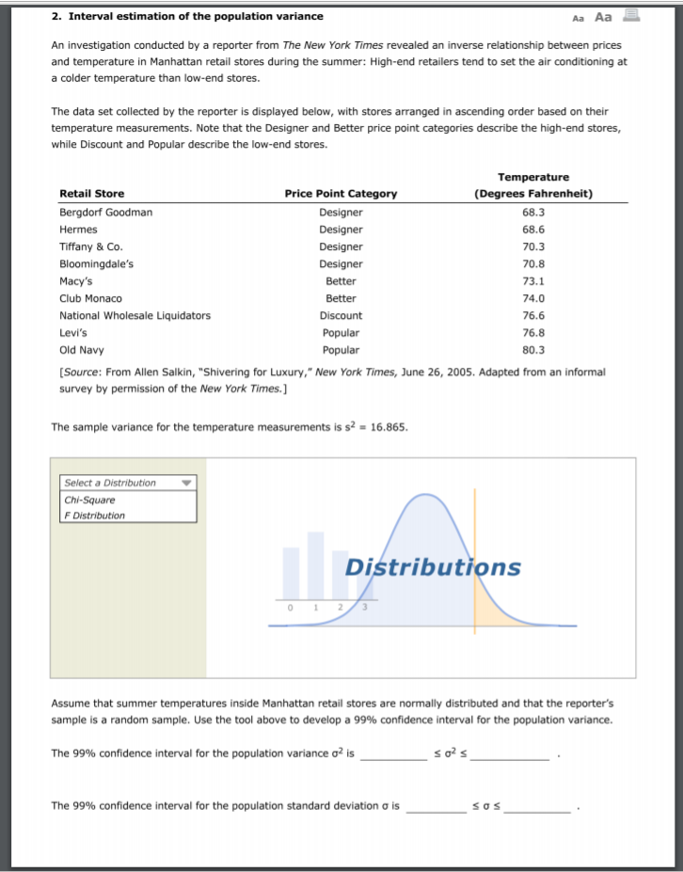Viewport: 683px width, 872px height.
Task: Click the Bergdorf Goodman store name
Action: [105, 213]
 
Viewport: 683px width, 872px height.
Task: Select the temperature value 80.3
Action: [533, 350]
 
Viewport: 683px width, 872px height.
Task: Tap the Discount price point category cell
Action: [341, 316]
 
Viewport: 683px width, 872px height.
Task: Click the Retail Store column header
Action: [91, 194]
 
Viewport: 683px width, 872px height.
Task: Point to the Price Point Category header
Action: [341, 194]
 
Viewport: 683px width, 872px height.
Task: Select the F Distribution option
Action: [94, 515]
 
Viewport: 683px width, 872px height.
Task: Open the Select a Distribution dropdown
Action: [128, 483]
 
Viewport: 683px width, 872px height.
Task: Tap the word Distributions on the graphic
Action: [432, 567]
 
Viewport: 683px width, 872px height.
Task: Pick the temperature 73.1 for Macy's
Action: [533, 281]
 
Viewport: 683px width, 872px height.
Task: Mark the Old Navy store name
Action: [81, 350]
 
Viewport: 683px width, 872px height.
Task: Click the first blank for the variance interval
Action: [393, 754]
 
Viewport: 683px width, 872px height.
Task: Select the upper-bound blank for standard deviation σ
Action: [536, 807]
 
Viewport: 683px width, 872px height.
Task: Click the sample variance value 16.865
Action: [389, 426]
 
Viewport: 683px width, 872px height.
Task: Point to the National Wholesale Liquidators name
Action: [135, 316]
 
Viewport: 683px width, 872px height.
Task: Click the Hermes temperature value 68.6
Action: [533, 230]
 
